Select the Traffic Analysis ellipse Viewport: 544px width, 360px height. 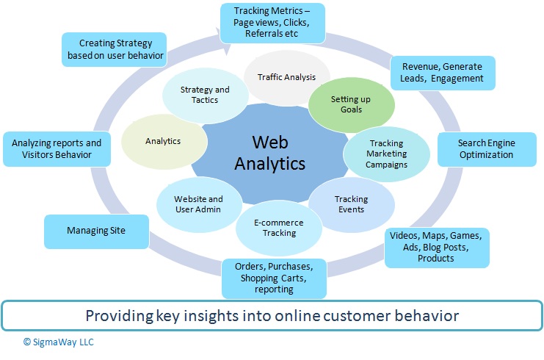click(286, 76)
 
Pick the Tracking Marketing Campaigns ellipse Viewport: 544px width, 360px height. click(387, 154)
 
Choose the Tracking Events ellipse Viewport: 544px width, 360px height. click(351, 204)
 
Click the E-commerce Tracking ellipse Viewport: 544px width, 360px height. click(279, 228)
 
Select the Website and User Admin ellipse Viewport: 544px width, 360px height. click(198, 204)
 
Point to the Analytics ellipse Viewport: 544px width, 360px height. click(162, 140)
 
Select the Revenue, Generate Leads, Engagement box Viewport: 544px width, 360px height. click(442, 73)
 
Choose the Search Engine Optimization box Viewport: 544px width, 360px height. click(485, 149)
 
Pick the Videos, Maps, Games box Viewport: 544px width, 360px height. click(436, 246)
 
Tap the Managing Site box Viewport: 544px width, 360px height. click(96, 231)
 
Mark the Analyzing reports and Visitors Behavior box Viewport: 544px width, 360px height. click(57, 149)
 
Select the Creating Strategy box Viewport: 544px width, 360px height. click(112, 50)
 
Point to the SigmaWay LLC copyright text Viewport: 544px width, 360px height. click(58, 342)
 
